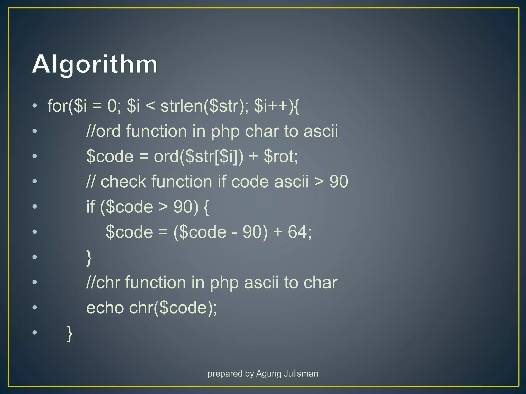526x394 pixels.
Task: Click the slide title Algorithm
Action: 95,64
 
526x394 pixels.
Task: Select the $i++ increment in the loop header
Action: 271,106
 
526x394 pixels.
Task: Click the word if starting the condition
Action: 90,206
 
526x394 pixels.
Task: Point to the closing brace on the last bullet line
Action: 69,333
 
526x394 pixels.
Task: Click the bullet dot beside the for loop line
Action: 35,106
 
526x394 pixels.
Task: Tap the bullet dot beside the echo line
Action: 35,307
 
